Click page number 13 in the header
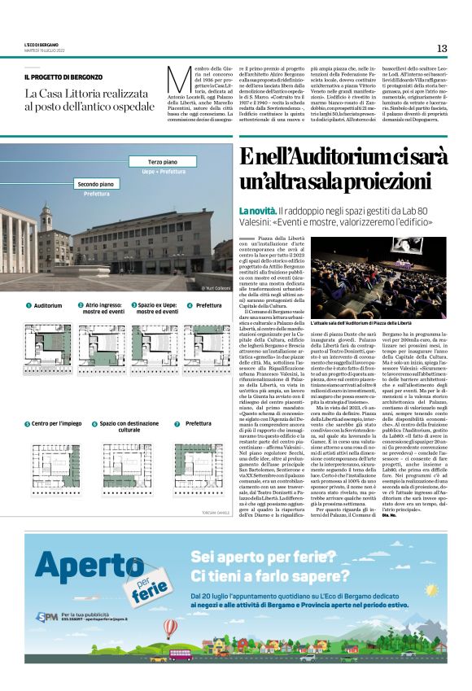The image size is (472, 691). click(x=441, y=48)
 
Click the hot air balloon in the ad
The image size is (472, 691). click(x=170, y=629)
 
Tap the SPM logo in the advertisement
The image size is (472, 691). click(x=46, y=616)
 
